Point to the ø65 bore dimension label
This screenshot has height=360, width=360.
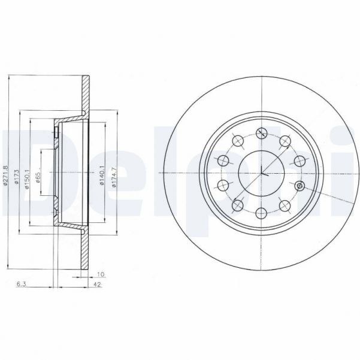(x=38, y=179)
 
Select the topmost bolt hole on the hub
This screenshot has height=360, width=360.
(x=261, y=133)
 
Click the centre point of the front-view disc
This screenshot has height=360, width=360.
(x=261, y=173)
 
